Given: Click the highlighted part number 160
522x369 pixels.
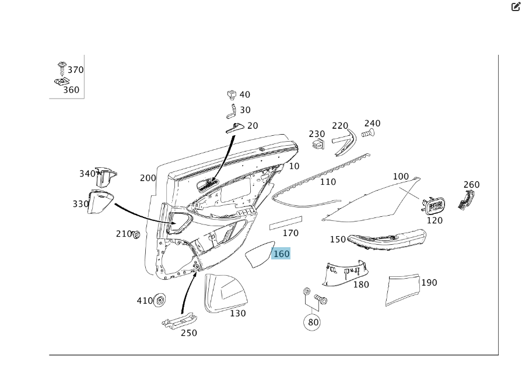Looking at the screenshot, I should (x=281, y=254).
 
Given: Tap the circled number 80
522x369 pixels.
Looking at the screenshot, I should (x=313, y=322).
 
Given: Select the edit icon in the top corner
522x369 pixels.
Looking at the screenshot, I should (x=515, y=7).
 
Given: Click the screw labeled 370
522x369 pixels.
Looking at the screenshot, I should (x=62, y=67).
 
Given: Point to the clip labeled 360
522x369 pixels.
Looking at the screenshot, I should (x=58, y=83).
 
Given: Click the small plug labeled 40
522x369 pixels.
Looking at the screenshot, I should (x=232, y=94).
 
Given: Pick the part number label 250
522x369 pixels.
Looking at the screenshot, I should (x=188, y=333).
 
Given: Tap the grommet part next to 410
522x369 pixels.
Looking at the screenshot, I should (x=159, y=301).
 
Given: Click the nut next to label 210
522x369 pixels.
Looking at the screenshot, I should (x=136, y=234).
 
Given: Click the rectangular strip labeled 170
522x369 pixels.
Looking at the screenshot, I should (x=285, y=222).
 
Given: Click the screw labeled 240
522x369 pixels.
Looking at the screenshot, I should (x=367, y=133).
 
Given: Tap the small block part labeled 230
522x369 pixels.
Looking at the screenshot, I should (x=318, y=143).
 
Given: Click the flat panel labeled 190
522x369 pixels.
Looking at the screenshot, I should (x=403, y=289).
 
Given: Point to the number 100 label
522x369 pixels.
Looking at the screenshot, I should (x=401, y=176).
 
